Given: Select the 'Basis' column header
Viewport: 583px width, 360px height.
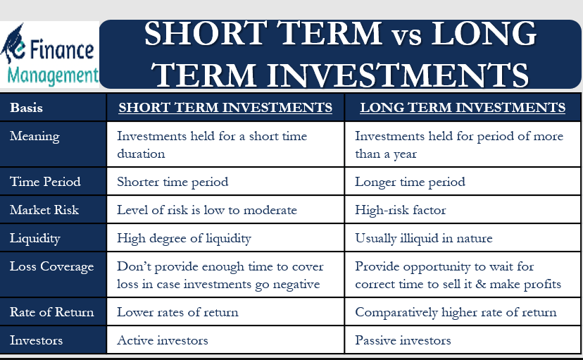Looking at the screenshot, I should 26,108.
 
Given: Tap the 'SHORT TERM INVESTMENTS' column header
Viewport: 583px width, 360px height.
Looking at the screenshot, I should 225,108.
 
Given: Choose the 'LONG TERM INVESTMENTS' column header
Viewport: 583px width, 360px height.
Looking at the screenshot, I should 463,108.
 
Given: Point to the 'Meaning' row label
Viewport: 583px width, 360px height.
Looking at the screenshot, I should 35,136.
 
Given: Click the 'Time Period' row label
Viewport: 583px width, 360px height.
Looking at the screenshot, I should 45,182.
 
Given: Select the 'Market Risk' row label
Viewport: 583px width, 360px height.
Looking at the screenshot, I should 44,210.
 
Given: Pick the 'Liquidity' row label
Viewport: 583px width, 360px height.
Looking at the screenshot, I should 35,238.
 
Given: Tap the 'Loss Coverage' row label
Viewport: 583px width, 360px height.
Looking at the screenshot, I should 51,266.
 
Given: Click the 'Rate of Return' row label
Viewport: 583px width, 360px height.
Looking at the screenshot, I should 51,312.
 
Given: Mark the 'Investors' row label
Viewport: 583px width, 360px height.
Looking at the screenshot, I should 36,340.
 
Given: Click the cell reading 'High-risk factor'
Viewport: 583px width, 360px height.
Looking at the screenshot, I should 400,210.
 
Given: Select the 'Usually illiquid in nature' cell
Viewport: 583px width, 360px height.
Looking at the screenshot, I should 423,238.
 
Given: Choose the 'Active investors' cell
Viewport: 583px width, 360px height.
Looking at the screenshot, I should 163,340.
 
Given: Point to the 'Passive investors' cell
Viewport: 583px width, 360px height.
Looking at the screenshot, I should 403,340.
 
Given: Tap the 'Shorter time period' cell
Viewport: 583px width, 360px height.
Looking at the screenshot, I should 173,182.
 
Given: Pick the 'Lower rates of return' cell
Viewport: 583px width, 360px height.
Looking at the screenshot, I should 177,312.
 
